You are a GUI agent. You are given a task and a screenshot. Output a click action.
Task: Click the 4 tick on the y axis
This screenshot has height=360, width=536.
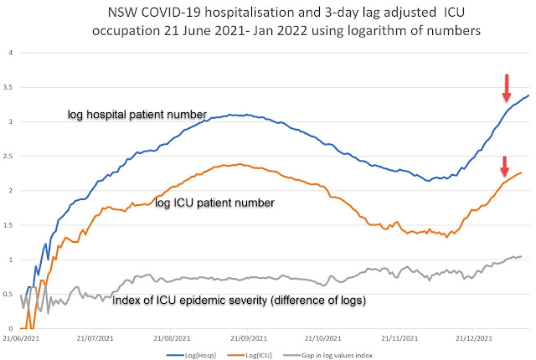[10, 53]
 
